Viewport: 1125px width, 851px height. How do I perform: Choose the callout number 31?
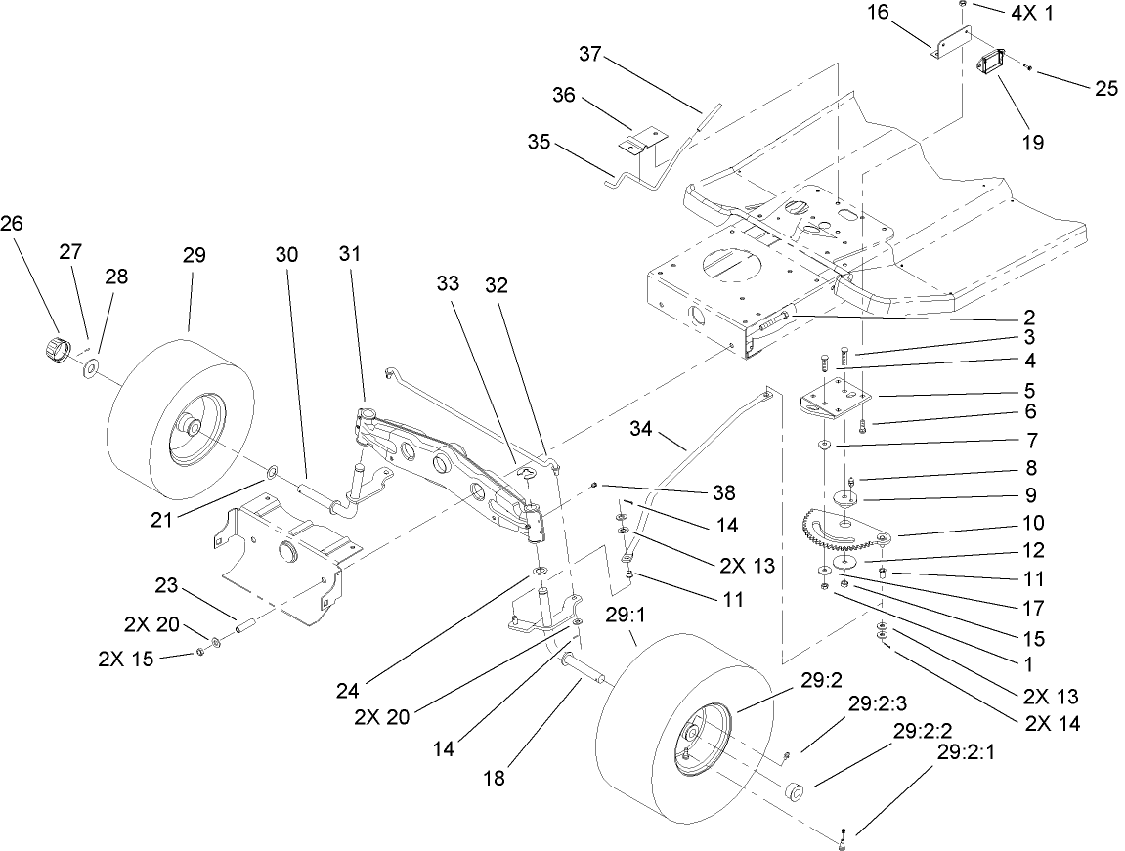pos(350,253)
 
